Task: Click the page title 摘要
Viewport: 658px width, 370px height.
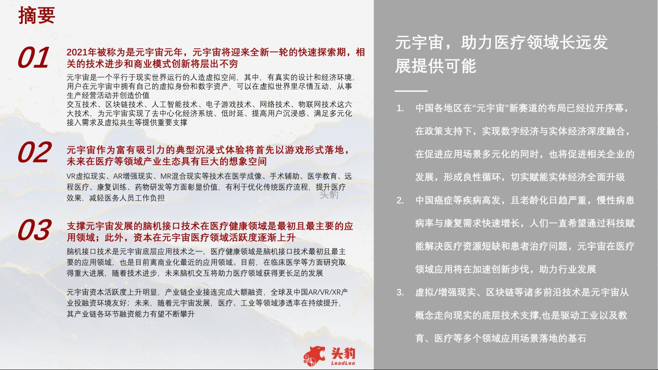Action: [x=37, y=15]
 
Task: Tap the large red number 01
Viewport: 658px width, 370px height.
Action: [x=33, y=57]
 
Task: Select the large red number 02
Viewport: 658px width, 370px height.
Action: [x=35, y=152]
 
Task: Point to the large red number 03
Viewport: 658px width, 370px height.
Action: [x=35, y=229]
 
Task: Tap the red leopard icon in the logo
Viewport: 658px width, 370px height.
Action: [x=314, y=356]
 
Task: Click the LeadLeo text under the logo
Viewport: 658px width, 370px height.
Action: [x=343, y=363]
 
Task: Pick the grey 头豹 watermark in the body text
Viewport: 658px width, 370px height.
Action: [x=329, y=194]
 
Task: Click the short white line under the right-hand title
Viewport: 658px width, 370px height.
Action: [x=411, y=91]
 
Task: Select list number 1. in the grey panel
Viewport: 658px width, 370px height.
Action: [x=400, y=109]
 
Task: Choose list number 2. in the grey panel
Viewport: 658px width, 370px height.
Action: [x=400, y=200]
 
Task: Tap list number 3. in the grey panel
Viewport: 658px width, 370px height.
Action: [x=400, y=292]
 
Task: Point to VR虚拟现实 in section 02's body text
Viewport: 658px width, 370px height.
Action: [x=86, y=176]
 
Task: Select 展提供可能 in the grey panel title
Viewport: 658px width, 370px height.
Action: [x=436, y=66]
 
